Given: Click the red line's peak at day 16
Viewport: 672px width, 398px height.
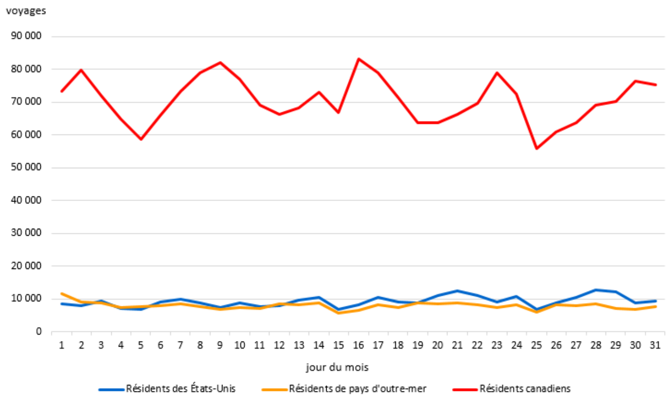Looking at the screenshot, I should click(x=359, y=59).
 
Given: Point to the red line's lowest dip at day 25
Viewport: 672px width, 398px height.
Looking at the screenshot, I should click(x=537, y=148).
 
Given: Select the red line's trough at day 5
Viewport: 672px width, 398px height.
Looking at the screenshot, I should click(x=141, y=139).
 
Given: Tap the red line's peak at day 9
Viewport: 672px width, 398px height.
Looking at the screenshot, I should click(x=220, y=62).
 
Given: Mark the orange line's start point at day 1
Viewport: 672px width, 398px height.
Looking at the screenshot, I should click(x=62, y=293).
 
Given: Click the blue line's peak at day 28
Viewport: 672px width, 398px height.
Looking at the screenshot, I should click(x=596, y=290).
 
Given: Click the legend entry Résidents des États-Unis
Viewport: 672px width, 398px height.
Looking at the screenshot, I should click(x=180, y=388).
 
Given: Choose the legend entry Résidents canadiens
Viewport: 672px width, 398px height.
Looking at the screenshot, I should click(x=525, y=388).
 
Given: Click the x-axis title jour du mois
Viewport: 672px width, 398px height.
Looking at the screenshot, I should click(x=337, y=367).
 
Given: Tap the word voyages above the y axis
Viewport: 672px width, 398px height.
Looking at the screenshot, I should click(x=26, y=11).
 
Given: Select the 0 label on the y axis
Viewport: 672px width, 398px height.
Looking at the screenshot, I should click(x=38, y=331).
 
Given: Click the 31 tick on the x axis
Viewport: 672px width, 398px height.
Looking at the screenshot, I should click(x=655, y=346).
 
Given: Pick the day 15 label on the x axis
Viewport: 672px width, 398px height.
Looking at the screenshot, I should click(x=339, y=346).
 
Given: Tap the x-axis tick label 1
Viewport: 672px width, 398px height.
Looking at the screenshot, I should click(x=62, y=346).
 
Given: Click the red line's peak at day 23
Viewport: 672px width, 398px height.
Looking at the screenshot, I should click(x=497, y=73).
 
